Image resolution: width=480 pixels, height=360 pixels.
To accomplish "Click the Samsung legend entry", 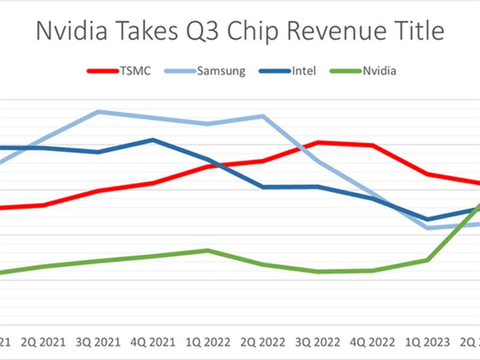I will tap(221, 71).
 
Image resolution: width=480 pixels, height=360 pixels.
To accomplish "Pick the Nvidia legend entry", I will tap(379, 71).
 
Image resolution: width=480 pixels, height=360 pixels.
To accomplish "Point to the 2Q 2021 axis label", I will tap(43, 342).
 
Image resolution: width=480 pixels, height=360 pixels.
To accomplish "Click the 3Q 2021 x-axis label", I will tap(98, 342).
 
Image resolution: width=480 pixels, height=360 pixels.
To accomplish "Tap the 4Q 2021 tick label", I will tap(153, 342).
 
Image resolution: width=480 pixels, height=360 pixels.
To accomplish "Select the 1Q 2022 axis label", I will tap(208, 342).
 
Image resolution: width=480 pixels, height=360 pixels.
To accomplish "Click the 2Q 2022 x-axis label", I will tap(263, 342).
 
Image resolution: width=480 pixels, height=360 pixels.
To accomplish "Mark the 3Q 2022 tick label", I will tap(318, 342).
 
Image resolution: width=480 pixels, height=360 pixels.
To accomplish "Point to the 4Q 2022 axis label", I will tap(373, 342).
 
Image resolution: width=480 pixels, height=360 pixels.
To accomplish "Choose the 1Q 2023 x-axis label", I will tap(428, 342).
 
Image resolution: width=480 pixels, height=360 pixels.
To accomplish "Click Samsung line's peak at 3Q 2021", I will tap(98, 112).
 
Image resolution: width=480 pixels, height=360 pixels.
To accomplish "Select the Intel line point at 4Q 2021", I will tap(153, 140).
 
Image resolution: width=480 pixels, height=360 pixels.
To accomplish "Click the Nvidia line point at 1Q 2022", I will tap(208, 250).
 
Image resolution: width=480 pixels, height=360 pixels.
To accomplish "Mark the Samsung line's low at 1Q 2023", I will tap(428, 228).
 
